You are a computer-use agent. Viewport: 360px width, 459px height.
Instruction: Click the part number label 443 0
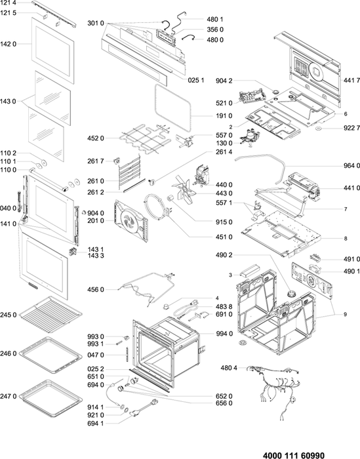coord(224,193)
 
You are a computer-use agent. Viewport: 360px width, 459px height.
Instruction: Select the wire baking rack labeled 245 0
coord(51,314)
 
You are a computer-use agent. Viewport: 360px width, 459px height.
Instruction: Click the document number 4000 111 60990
coord(294,455)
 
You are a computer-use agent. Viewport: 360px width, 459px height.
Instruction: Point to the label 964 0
coord(351,166)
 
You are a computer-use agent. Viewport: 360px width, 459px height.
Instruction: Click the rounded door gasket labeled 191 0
coord(172,108)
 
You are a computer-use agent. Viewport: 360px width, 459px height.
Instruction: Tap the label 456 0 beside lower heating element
coord(96,290)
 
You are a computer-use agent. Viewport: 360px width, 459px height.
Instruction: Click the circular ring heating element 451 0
coord(157,207)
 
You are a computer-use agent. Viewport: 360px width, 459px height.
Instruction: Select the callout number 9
coord(346,314)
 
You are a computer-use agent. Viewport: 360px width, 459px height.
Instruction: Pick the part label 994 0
coord(224,334)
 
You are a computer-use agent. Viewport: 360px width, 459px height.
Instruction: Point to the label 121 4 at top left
coord(8,3)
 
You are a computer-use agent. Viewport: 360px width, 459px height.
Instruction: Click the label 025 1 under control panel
coord(196,80)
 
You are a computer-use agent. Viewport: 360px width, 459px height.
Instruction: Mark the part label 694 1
coord(96,424)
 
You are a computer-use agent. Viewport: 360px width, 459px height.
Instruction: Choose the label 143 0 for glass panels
coord(8,101)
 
